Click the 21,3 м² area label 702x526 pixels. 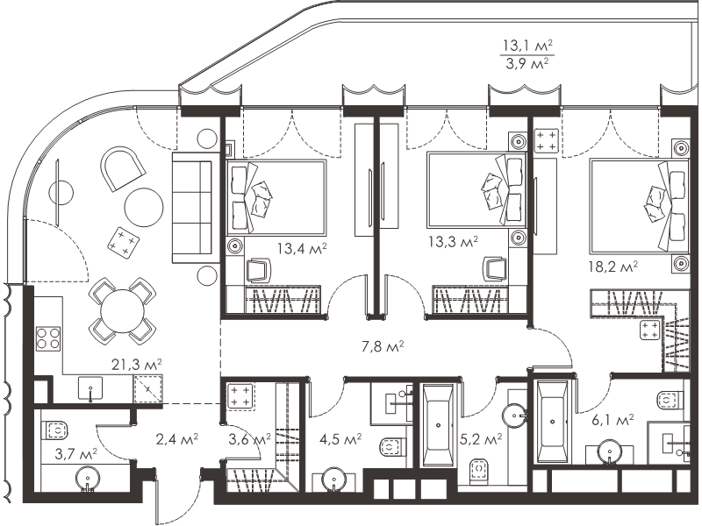coord(137,365)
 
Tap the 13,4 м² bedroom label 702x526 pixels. coord(302,248)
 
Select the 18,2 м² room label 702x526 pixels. coord(612,267)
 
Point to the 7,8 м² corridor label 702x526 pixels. coord(383,345)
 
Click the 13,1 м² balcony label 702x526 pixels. coord(528,46)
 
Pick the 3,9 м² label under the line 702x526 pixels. coord(528,63)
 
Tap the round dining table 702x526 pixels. coord(123,311)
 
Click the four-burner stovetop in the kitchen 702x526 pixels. coord(48,338)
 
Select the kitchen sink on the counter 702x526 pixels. coord(90,388)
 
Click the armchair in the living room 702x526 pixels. coord(122,167)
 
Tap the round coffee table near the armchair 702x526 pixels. coord(144,208)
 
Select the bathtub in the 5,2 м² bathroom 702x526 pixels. coord(438,425)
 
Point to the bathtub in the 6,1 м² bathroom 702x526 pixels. coord(553,422)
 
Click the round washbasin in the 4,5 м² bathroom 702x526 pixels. coord(333,480)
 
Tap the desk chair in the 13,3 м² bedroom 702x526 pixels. coord(495,269)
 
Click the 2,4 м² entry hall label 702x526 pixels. coord(177,440)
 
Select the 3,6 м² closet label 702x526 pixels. coord(249,440)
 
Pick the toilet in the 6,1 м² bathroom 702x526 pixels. coord(671,399)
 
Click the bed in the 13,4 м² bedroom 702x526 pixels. coord(276,197)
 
